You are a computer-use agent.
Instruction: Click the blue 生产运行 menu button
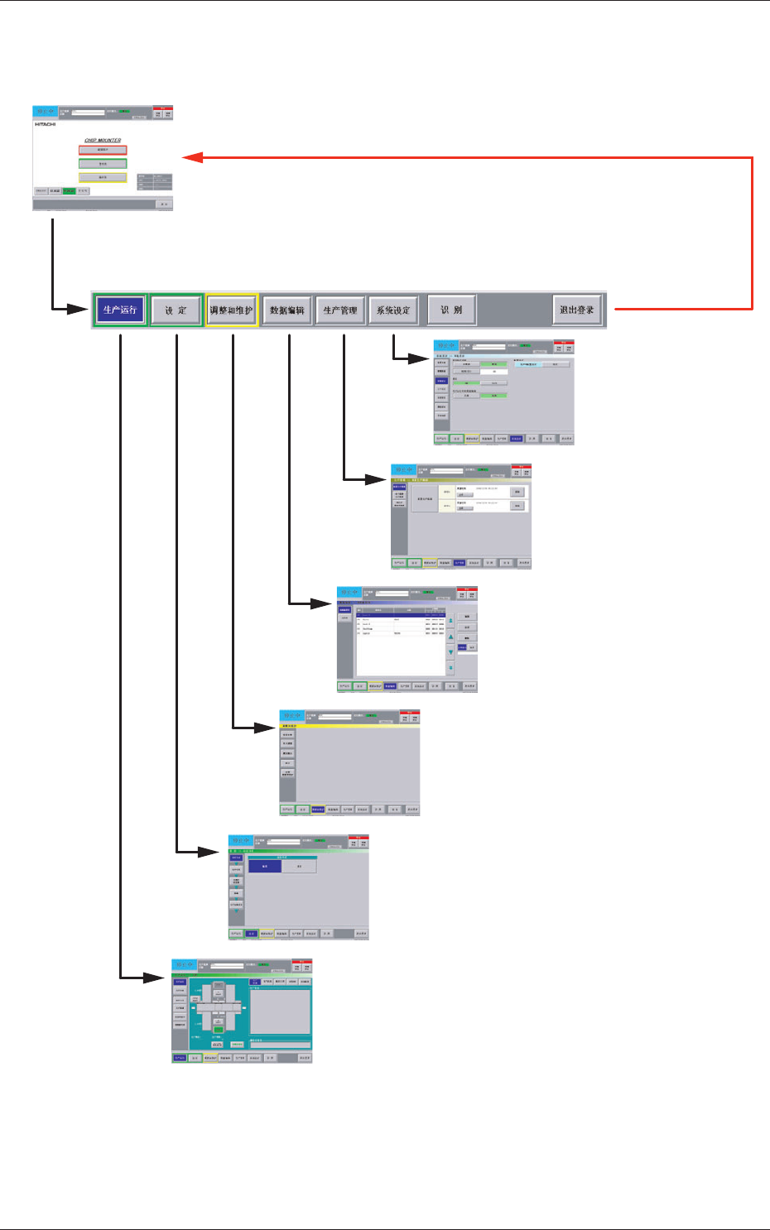(x=120, y=310)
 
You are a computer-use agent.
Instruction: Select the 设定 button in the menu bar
(x=176, y=310)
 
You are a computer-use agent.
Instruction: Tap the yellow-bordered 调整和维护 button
(x=231, y=310)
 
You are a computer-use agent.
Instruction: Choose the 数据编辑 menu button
(x=286, y=310)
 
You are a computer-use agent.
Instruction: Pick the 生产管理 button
(x=340, y=310)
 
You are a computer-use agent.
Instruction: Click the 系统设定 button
(x=393, y=310)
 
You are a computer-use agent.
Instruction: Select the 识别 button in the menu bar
(x=451, y=310)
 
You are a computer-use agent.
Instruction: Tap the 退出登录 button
(x=576, y=310)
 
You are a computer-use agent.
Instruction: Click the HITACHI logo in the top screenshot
(x=46, y=124)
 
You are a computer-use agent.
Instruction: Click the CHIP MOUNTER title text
(x=103, y=141)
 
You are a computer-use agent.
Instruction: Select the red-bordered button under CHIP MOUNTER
(x=103, y=151)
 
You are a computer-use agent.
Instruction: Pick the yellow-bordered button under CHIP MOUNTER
(x=103, y=177)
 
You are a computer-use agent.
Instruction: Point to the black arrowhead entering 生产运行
(x=81, y=310)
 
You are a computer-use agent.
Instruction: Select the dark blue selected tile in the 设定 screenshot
(x=265, y=867)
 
